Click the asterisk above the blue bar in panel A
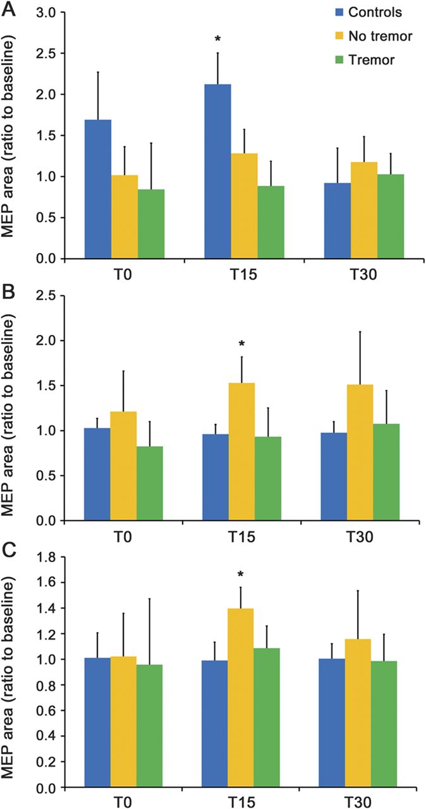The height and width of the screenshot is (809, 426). pyautogui.click(x=217, y=40)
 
